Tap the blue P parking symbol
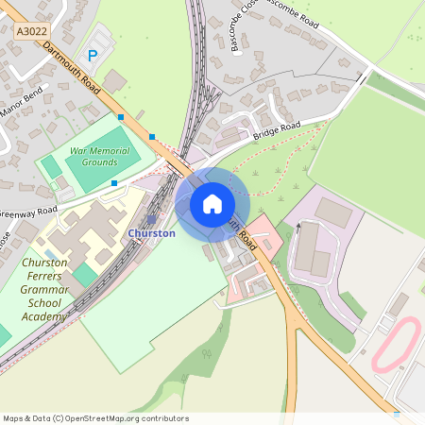click(92, 57)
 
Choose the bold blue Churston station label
click(151, 233)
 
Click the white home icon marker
click(212, 204)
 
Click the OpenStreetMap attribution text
click(96, 418)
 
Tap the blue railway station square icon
click(150, 218)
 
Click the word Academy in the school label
click(42, 316)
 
